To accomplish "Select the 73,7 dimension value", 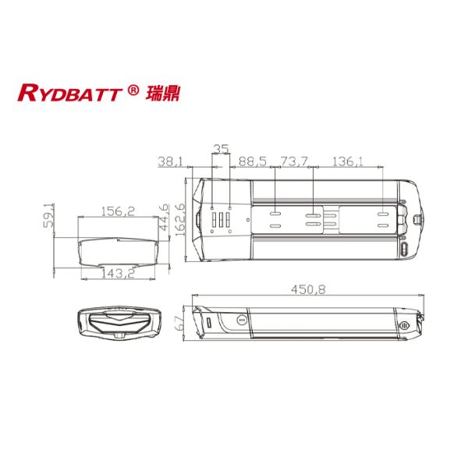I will pos(294,161).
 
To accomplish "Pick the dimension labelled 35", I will pos(222,147).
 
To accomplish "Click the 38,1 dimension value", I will pos(170,161).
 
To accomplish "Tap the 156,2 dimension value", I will pos(119,211).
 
